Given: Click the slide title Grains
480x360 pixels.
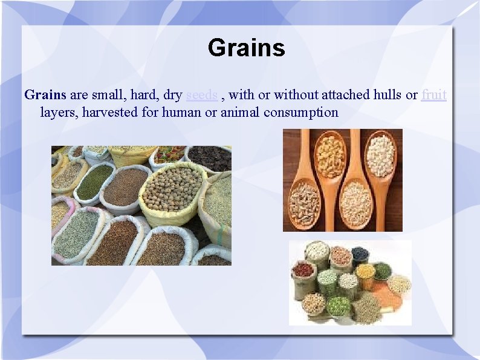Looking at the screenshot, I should point(246,48).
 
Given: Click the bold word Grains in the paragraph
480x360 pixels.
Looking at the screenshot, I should point(45,95).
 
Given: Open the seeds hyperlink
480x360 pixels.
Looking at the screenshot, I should point(202,95).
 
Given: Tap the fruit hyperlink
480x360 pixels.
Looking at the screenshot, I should point(434,95).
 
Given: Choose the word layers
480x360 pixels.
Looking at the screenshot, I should point(57,112).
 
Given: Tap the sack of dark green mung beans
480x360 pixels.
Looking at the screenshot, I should point(94,182).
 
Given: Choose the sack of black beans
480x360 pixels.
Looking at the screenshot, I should point(360,256).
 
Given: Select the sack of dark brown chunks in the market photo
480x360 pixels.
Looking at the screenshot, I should point(209,159).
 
